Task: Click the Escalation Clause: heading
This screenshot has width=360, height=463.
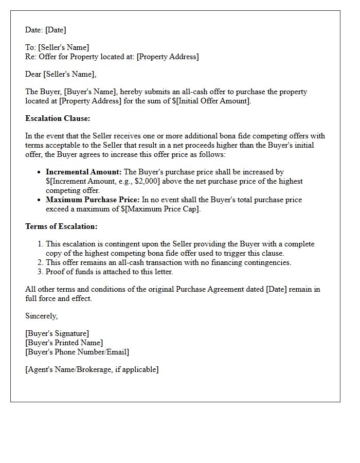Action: pyautogui.click(x=58, y=118)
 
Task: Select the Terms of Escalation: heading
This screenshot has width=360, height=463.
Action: pyautogui.click(x=61, y=226)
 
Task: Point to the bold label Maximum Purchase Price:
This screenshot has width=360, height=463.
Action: pyautogui.click(x=93, y=200)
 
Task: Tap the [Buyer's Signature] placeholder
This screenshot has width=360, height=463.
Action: pyautogui.click(x=57, y=333)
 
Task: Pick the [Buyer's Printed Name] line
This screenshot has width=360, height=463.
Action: pyautogui.click(x=64, y=343)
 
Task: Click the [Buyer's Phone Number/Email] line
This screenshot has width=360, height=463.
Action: pyautogui.click(x=77, y=352)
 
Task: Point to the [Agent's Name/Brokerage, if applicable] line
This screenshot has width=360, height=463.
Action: pyautogui.click(x=92, y=369)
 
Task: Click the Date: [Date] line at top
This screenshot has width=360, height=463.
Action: pyautogui.click(x=46, y=30)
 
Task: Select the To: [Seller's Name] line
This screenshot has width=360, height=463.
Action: pyautogui.click(x=57, y=47)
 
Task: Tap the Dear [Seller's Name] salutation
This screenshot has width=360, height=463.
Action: pyautogui.click(x=61, y=74)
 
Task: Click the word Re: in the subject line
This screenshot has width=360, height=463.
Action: pyautogui.click(x=31, y=57)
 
